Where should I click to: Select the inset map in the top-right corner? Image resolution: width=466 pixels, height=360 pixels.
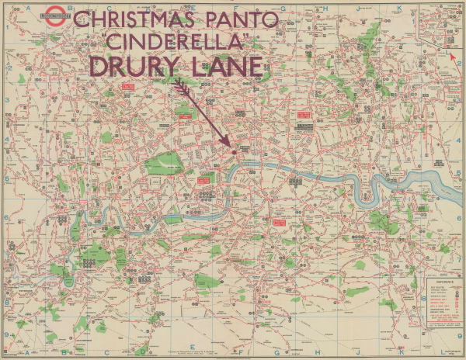pos(440,25)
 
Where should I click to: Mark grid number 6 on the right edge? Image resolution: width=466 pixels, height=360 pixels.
pos(460,218)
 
